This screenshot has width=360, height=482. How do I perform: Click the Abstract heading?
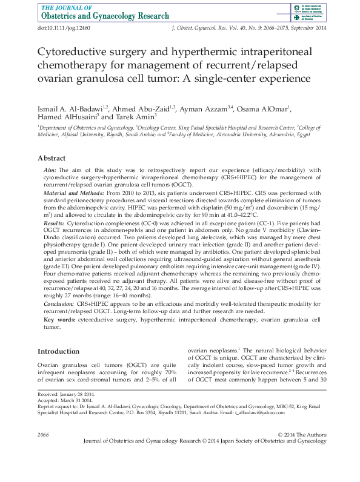[x=52, y=157]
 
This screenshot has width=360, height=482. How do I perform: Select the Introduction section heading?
[x=58, y=351]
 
